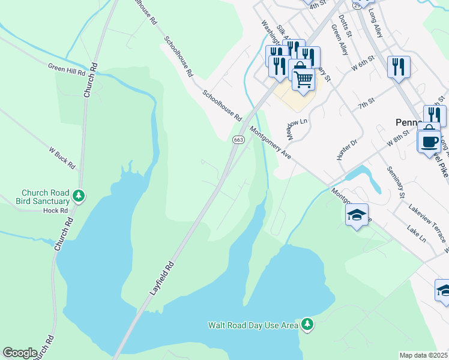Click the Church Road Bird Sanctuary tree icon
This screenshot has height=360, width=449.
click(x=79, y=196)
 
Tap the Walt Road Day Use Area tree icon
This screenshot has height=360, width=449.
click(x=307, y=325)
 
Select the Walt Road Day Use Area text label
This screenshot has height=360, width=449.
click(x=253, y=325)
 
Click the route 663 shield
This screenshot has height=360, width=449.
click(x=238, y=140)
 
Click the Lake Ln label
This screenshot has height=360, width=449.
click(x=415, y=234)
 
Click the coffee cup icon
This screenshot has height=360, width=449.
click(x=429, y=142)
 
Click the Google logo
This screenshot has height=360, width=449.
click(x=20, y=353)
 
